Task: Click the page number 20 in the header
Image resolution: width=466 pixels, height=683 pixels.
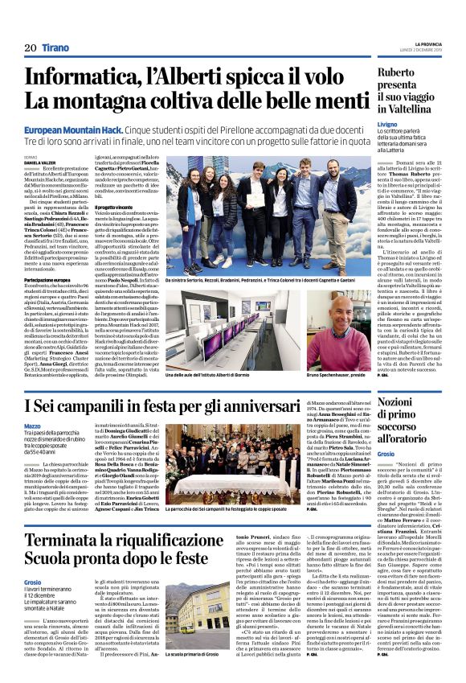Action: coord(31,47)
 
